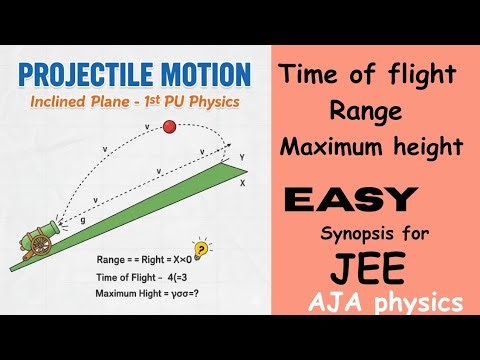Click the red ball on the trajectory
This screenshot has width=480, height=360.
pyautogui.click(x=169, y=126)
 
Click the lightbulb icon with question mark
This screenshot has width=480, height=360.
pyautogui.click(x=202, y=250)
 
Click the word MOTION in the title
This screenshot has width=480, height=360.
pyautogui.click(x=204, y=75)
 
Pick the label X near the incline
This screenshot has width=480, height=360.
pyautogui.click(x=243, y=184)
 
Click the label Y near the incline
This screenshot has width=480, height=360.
pyautogui.click(x=241, y=158)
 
